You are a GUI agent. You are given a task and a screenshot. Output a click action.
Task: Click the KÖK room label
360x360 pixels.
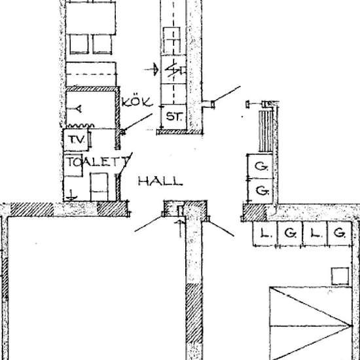coord(137,102)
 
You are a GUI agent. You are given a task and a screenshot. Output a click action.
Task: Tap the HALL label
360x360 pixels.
coord(160,181)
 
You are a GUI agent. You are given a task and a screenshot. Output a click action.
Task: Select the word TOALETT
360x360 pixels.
coord(98,162)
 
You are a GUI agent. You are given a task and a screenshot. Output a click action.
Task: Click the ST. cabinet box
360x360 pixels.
coord(174,117)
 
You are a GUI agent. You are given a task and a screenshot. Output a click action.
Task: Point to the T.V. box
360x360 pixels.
coord(76,140)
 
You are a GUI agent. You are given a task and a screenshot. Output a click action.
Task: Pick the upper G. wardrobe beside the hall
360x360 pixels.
coord(261,166)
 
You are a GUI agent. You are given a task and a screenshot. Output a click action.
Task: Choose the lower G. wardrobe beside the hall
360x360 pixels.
coord(261,190)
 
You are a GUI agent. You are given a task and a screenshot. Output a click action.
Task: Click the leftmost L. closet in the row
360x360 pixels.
coord(265,234)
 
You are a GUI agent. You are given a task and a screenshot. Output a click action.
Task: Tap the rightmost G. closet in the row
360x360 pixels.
coord(339,234)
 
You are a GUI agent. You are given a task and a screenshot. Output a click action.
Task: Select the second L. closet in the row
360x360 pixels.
coord(315,234)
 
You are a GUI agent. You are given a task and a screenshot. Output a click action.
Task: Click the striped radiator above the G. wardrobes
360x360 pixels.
coord(266,131)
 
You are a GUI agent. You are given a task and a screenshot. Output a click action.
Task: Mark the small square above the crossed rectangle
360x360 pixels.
coord(340,276)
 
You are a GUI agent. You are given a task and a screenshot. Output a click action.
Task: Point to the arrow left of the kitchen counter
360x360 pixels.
coord(151,69)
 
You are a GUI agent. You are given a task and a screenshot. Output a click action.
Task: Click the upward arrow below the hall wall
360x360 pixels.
coord(180,228)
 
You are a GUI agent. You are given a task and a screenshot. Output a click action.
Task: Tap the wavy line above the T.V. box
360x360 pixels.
coord(81,126)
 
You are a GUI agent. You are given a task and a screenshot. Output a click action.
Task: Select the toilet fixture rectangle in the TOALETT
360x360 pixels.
coord(99,187)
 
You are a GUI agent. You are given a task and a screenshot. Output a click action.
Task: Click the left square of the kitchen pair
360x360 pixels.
coord(79,44)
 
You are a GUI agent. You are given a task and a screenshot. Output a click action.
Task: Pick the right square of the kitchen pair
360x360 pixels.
coord(102,44)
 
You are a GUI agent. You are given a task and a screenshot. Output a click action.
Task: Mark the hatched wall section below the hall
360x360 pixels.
coord(194,313)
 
